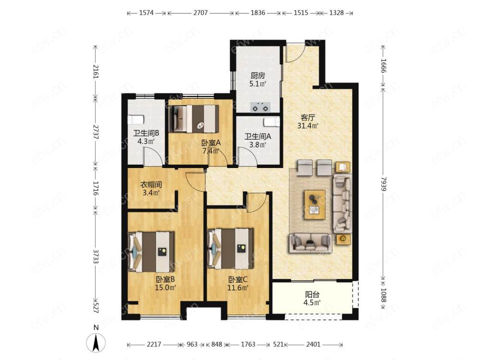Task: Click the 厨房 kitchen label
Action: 257,75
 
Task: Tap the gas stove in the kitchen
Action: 261,107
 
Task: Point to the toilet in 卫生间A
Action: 272,122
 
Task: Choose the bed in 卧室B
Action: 151,252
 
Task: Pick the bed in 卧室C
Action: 230,248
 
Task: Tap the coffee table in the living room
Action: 315,205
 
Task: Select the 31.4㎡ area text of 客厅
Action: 308,125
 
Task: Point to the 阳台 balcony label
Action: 312,295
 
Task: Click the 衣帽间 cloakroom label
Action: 151,185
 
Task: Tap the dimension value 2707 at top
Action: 201,13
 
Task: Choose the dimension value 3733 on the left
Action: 96,256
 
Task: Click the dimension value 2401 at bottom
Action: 313,344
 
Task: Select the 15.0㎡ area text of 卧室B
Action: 165,288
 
